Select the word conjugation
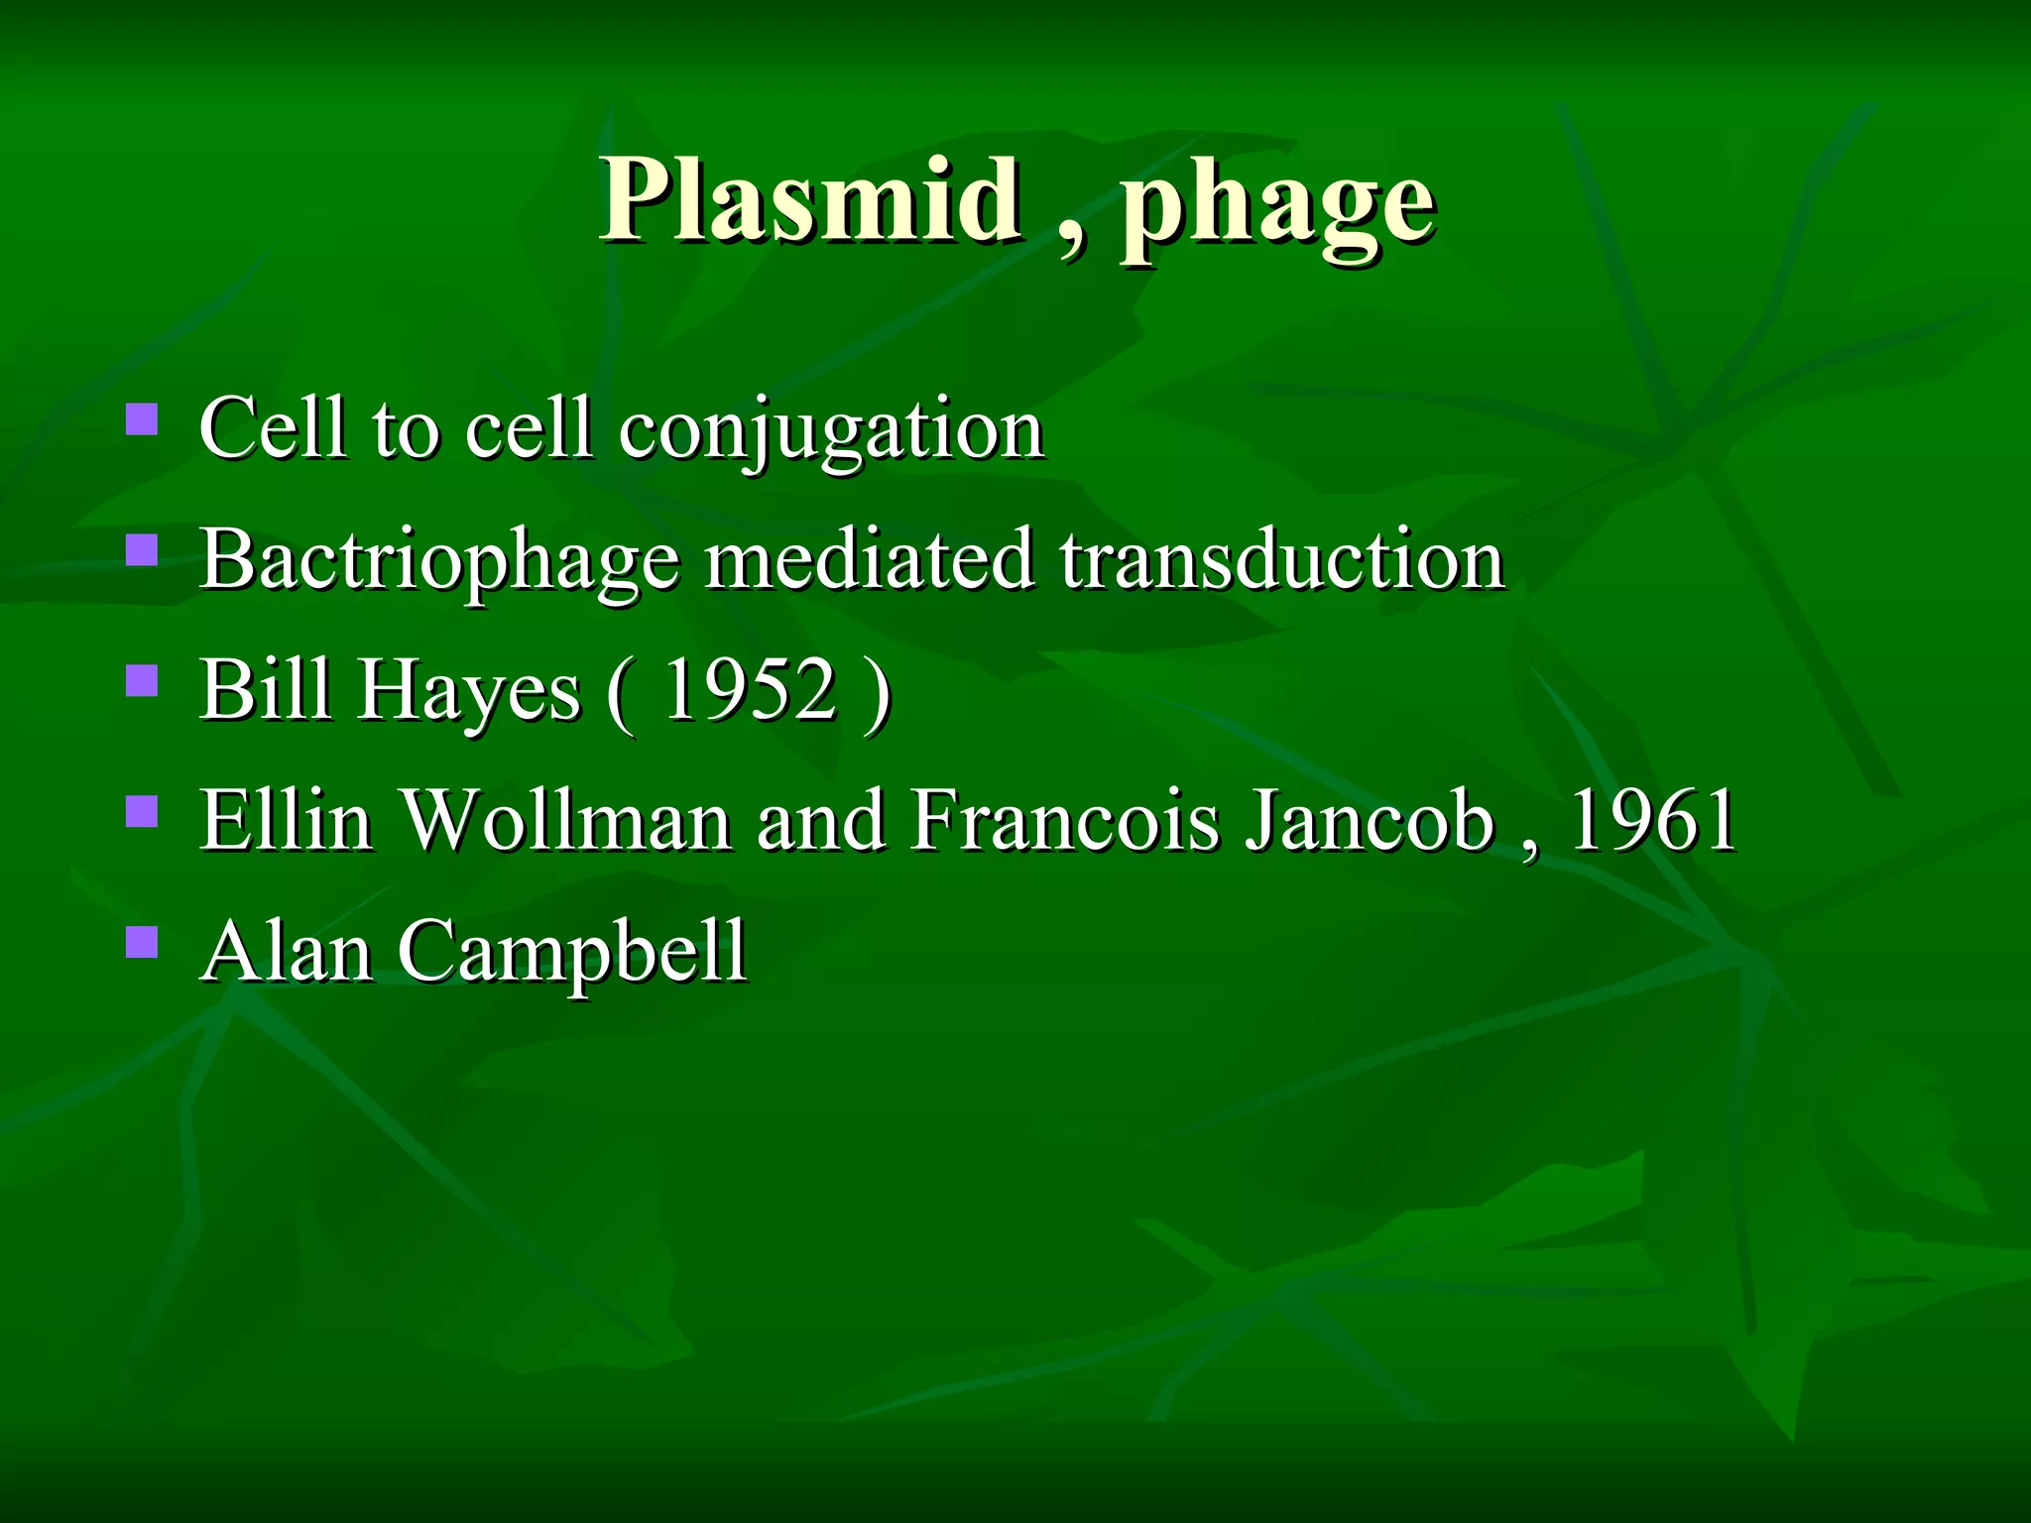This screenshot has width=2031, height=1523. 831,430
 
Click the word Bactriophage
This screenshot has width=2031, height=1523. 439,561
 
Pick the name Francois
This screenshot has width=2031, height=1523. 1065,820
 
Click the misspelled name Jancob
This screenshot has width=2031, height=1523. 1370,820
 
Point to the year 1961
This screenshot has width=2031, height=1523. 1650,820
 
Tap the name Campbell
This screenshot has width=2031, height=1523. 572,953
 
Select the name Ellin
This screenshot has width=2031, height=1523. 287,820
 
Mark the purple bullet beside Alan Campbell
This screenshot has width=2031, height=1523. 142,942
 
